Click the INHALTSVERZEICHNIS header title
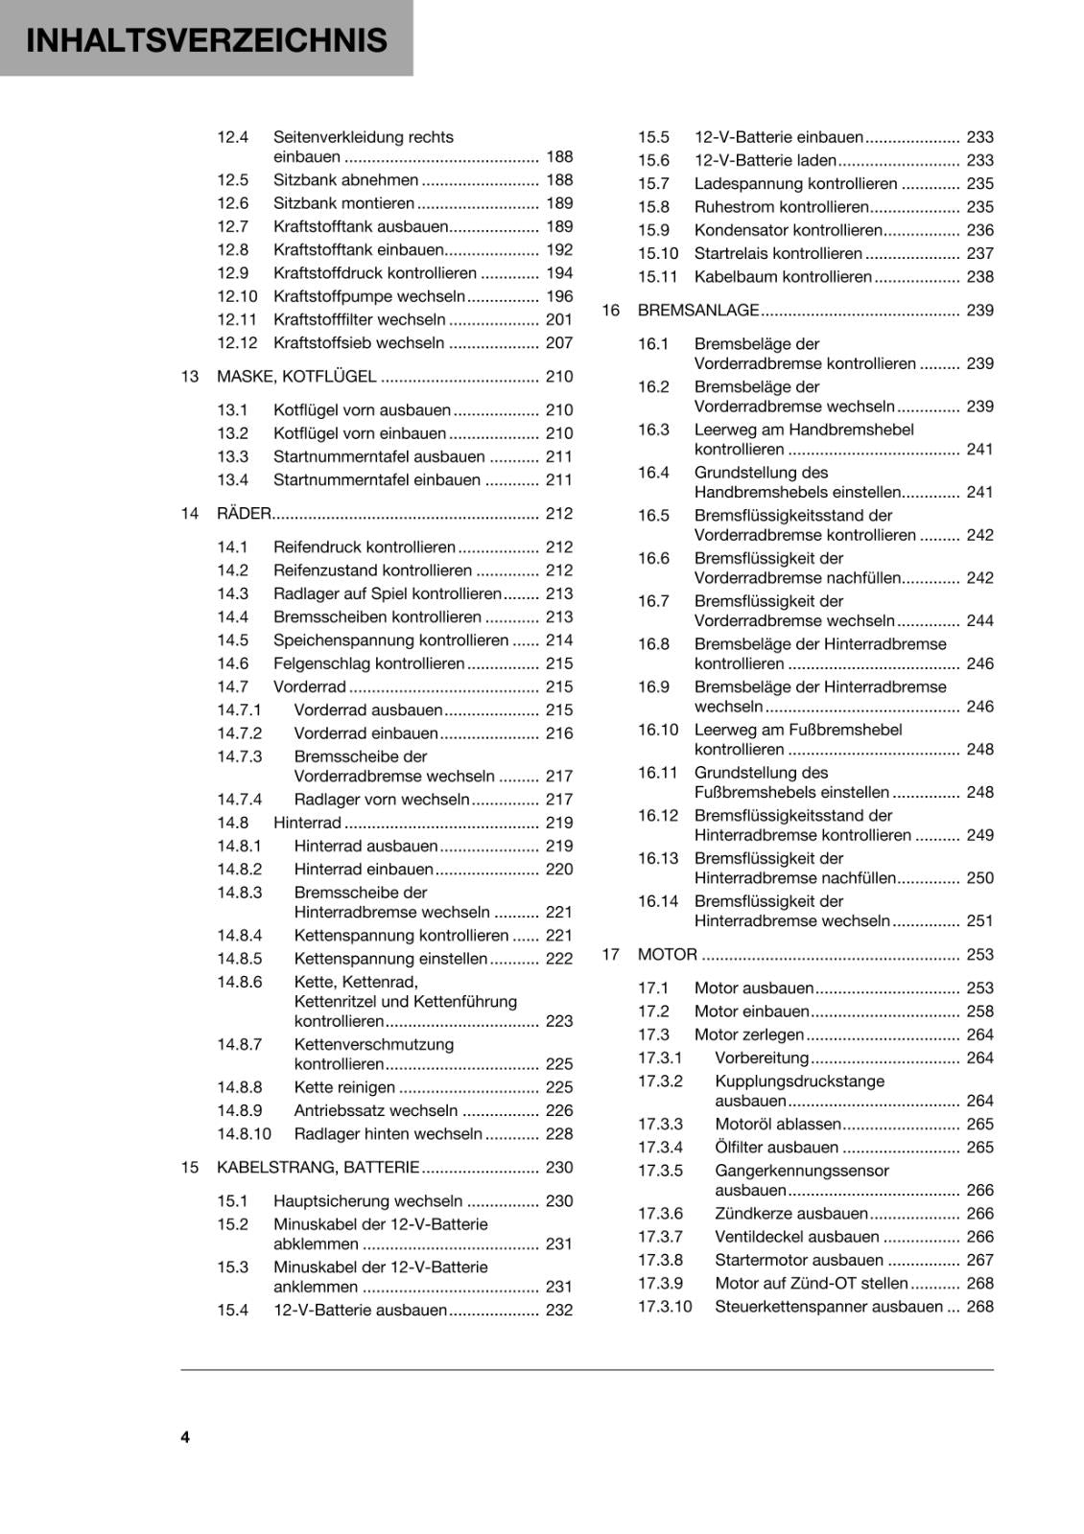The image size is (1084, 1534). coord(206,40)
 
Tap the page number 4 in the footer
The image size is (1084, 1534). coord(185,1436)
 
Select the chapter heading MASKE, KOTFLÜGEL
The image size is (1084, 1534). coord(296,377)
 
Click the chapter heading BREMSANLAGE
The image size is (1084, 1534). coord(697,311)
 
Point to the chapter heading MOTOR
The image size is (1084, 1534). coord(667,955)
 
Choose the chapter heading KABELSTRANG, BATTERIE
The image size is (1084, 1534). coord(318,1168)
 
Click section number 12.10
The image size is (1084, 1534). coord(237,297)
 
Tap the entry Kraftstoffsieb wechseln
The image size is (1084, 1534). coord(359,343)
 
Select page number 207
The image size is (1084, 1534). coord(558,343)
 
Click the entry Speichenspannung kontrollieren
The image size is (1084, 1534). coord(390,640)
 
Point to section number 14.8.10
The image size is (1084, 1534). coord(244,1134)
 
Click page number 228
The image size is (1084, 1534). coord(558,1134)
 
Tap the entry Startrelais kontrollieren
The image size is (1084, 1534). coord(778,254)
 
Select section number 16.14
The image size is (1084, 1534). coord(657,901)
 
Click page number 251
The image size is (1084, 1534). coord(979,921)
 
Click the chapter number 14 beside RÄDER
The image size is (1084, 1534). coord(189,514)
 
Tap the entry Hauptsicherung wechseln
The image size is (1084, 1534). coord(367,1201)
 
